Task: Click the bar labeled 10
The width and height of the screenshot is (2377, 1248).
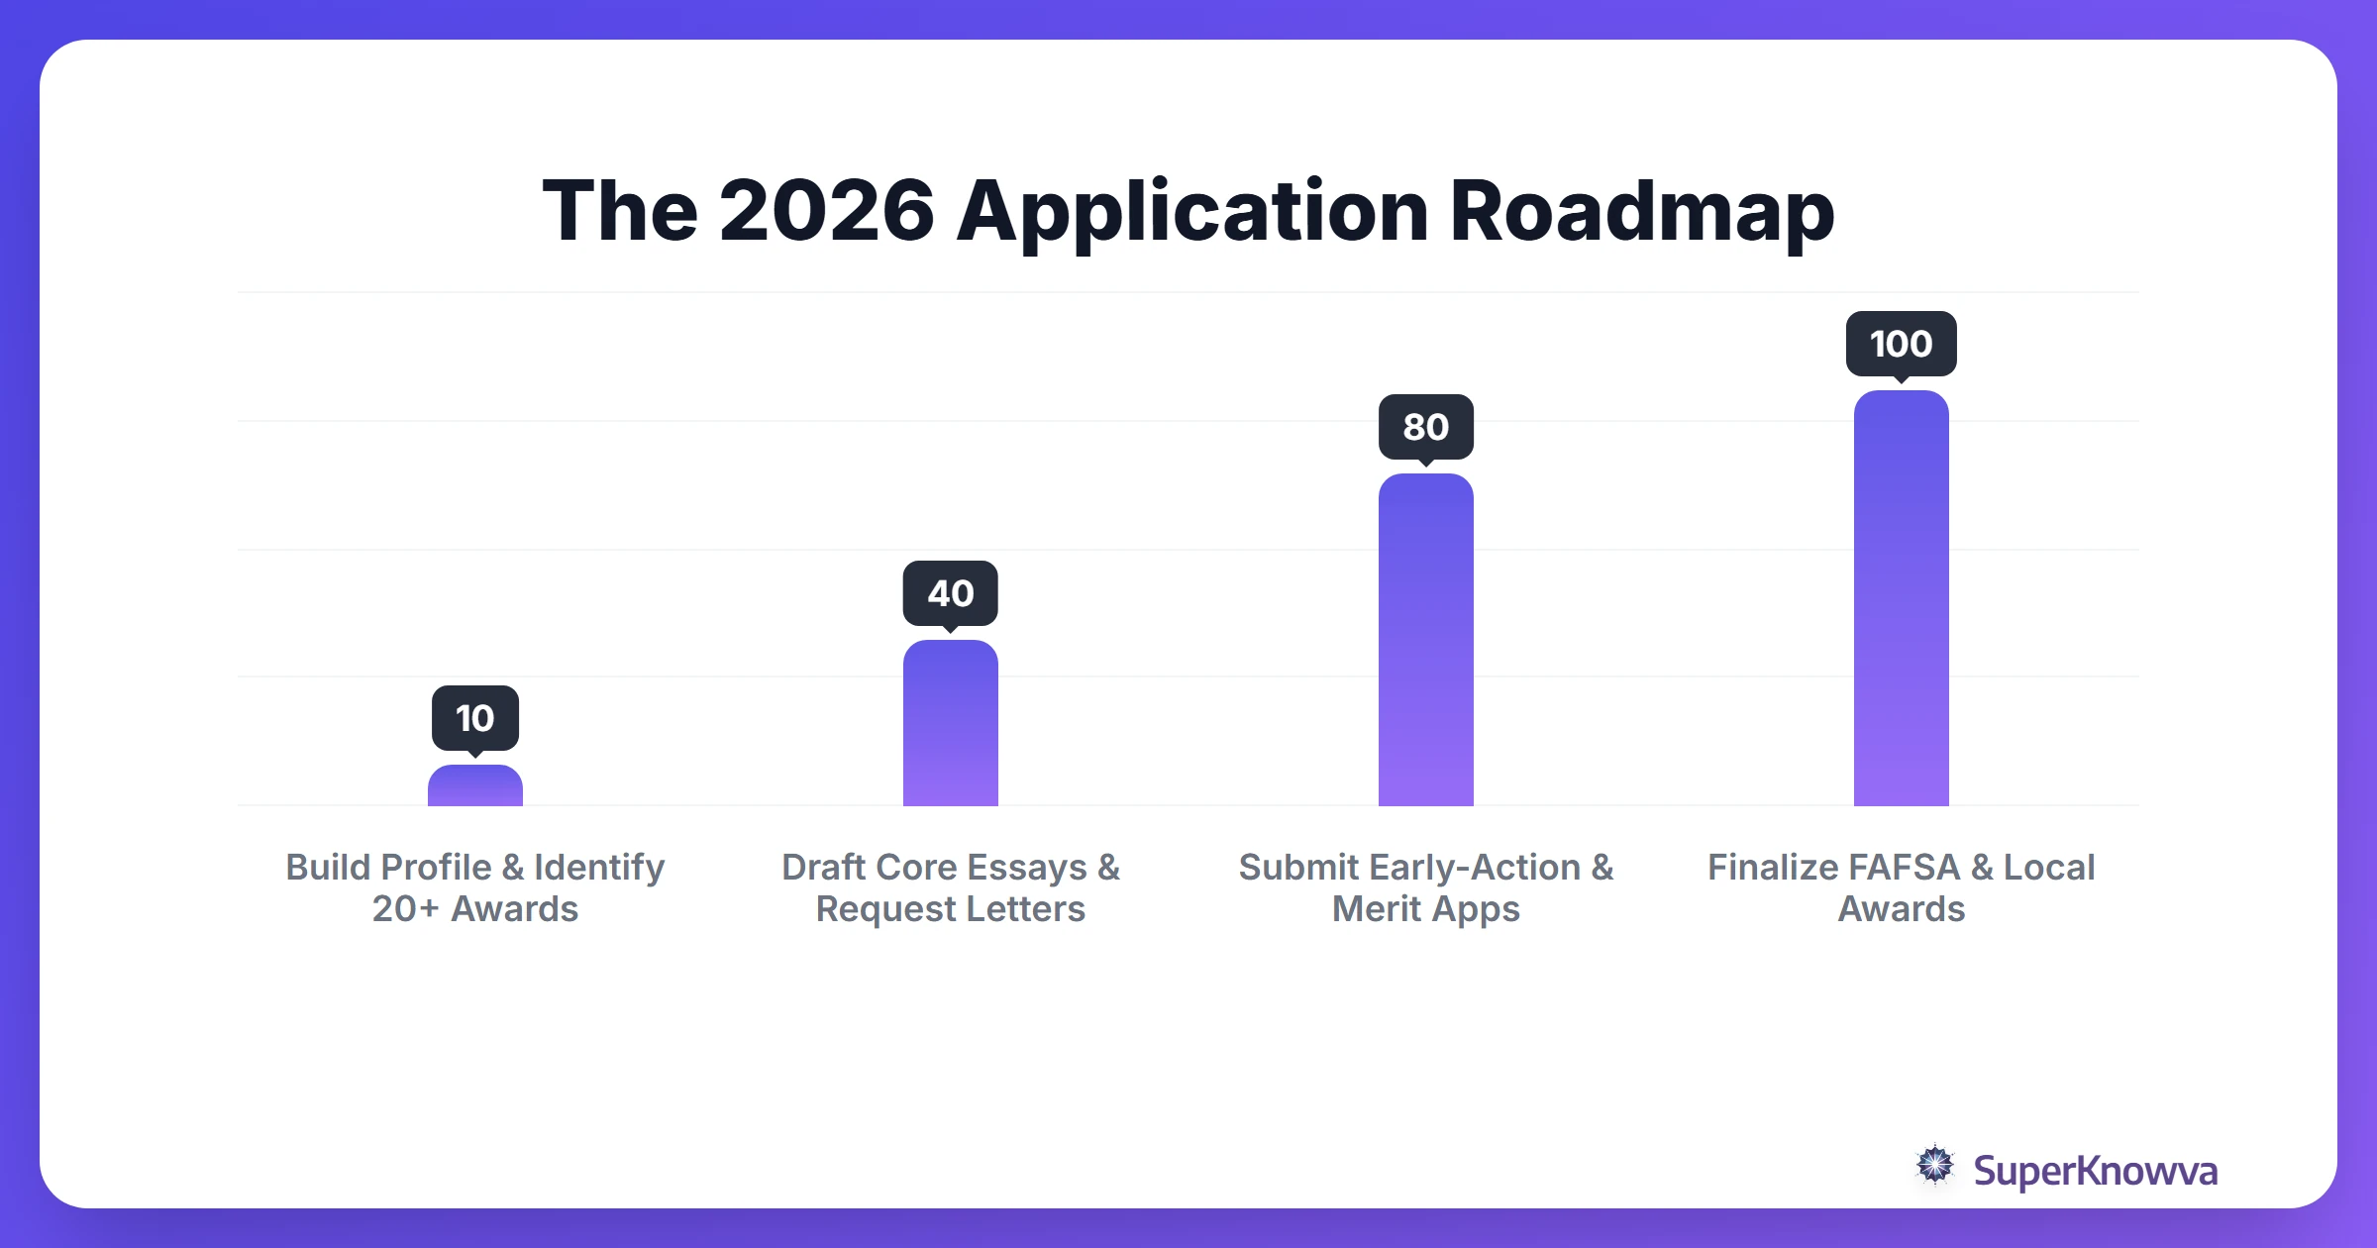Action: click(475, 786)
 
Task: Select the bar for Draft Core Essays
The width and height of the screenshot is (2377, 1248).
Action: click(951, 723)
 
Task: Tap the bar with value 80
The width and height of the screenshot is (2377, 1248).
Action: click(1426, 640)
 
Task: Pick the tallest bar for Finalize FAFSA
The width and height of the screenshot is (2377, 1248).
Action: click(1902, 598)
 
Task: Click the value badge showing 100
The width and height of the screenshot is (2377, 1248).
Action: click(1902, 344)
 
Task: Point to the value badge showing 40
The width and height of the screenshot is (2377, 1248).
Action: click(951, 593)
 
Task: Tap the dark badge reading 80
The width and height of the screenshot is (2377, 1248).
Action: click(1426, 427)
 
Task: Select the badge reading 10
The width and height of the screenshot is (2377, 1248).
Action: click(475, 718)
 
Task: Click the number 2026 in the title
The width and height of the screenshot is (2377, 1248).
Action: click(826, 211)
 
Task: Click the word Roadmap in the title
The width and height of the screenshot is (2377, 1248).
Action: click(1642, 211)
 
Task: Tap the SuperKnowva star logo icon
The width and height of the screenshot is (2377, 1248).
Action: click(1935, 1166)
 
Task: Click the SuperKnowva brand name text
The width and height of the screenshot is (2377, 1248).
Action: click(2095, 1171)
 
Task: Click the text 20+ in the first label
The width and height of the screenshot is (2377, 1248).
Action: click(405, 908)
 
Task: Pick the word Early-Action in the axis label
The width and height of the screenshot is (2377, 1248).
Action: click(1475, 867)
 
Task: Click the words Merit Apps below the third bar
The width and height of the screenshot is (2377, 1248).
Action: click(1426, 909)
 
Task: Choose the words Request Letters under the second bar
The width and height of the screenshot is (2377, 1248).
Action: click(951, 908)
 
